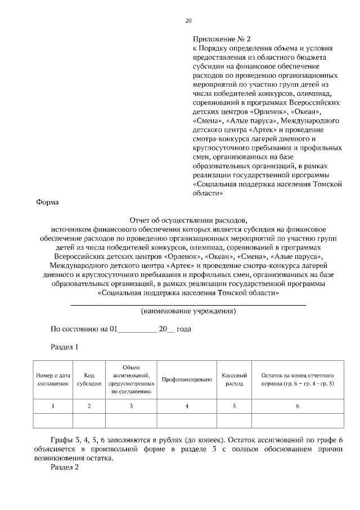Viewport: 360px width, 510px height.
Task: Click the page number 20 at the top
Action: pos(188,21)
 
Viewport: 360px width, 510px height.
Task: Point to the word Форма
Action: pos(47,202)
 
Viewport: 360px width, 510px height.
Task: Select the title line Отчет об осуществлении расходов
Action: pos(188,220)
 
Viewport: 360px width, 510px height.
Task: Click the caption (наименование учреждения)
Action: pos(188,311)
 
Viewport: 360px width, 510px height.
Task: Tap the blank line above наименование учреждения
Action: pos(188,304)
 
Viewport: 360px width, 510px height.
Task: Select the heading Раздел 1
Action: pos(65,347)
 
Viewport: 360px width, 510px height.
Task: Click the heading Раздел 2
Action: pos(65,467)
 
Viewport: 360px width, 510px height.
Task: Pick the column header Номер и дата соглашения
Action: pos(53,379)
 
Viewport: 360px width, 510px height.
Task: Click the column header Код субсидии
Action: pos(89,379)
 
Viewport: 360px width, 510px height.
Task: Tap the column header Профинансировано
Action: pos(186,380)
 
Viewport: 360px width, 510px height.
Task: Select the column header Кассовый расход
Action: pos(234,379)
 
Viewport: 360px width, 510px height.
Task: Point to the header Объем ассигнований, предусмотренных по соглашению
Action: pos(130,379)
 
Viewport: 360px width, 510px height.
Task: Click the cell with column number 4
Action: pos(186,406)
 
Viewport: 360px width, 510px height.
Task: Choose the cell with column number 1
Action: pos(53,406)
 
